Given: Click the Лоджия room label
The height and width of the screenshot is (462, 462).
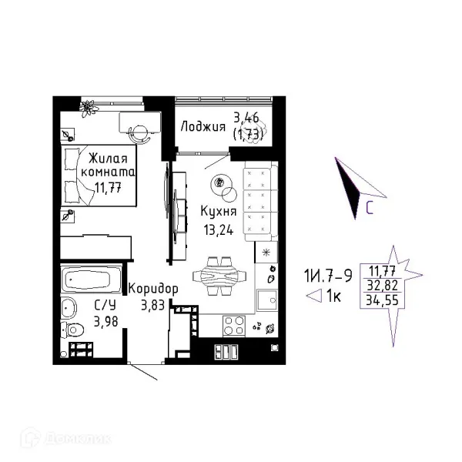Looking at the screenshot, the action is pyautogui.click(x=203, y=127).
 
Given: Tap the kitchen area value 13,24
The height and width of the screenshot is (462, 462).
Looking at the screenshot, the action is pyautogui.click(x=219, y=229).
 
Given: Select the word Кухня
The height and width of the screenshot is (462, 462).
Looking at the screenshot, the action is pyautogui.click(x=219, y=212).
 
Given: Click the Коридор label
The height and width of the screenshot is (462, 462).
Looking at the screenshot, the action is pyautogui.click(x=153, y=290).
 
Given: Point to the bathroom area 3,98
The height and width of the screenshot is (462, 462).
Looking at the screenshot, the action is pyautogui.click(x=105, y=321).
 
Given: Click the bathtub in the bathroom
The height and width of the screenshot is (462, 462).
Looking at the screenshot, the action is pyautogui.click(x=92, y=278).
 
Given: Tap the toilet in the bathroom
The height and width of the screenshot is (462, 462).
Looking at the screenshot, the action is pyautogui.click(x=72, y=330).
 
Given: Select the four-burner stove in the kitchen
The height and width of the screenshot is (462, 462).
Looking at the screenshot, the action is pyautogui.click(x=234, y=326).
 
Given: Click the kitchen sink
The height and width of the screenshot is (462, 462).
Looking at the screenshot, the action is pyautogui.click(x=267, y=300).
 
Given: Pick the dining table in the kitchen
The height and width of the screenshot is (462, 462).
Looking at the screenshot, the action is pyautogui.click(x=219, y=276).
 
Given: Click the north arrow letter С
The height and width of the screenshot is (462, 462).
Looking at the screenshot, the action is pyautogui.click(x=370, y=209).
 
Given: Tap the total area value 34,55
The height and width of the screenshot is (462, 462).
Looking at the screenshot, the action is pyautogui.click(x=382, y=300).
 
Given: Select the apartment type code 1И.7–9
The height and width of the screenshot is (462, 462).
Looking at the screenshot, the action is pyautogui.click(x=328, y=276).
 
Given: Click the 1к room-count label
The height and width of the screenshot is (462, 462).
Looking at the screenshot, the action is pyautogui.click(x=333, y=296).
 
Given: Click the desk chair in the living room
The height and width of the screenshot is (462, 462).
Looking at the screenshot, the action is pyautogui.click(x=139, y=133).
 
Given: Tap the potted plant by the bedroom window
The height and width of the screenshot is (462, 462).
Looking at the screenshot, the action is pyautogui.click(x=88, y=108).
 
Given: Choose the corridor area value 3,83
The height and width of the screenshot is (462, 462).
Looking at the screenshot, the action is pyautogui.click(x=152, y=305).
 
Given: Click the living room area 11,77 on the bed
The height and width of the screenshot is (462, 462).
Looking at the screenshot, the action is pyautogui.click(x=108, y=187).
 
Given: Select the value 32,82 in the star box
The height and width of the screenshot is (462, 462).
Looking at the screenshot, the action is pyautogui.click(x=383, y=285).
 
